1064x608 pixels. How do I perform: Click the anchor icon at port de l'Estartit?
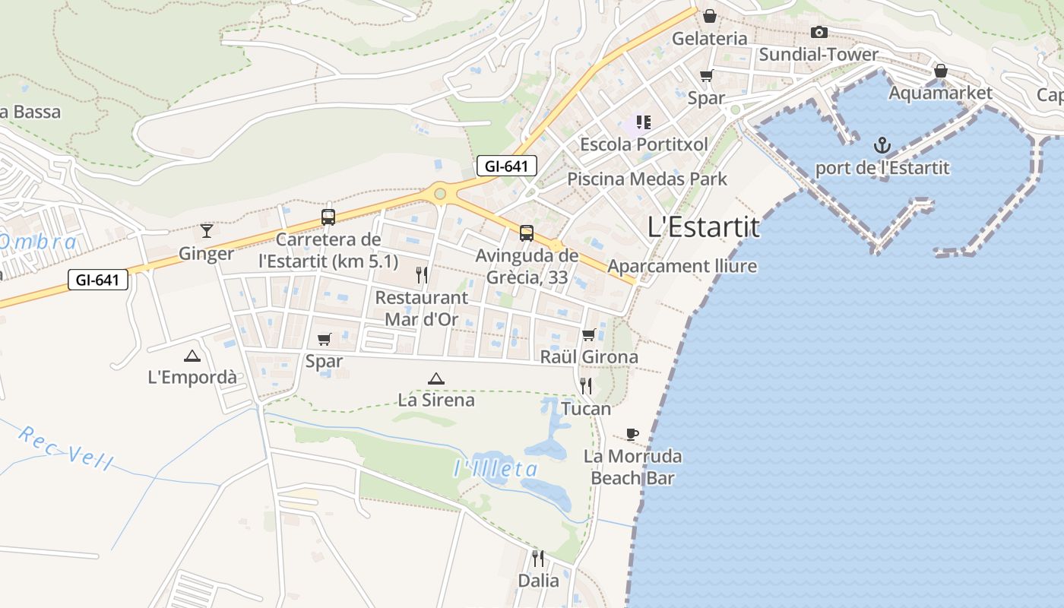[882, 144]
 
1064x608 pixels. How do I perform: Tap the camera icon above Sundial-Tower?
[819, 32]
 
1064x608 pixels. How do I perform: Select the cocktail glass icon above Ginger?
[206, 230]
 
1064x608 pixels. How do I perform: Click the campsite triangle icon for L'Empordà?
[192, 356]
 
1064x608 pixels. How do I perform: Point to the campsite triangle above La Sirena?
[435, 378]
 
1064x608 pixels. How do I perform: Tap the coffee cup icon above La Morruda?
[632, 434]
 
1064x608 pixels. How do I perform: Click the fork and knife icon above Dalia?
[538, 559]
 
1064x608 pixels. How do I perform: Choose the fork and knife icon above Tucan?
[586, 386]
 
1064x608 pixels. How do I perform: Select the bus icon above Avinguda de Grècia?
[526, 233]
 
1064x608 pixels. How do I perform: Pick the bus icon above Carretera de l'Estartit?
[328, 217]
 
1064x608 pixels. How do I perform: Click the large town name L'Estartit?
[703, 227]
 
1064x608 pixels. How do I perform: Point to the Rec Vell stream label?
[65, 448]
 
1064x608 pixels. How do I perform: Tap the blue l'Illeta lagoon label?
[496, 469]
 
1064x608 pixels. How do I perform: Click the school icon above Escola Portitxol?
[644, 122]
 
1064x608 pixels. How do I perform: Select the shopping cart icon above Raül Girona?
[589, 334]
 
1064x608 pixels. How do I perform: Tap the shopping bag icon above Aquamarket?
[940, 71]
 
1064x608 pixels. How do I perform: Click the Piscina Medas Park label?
[647, 179]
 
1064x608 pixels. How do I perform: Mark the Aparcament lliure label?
[682, 266]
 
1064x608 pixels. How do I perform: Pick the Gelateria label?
[710, 38]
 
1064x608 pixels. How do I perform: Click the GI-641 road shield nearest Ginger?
[97, 280]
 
